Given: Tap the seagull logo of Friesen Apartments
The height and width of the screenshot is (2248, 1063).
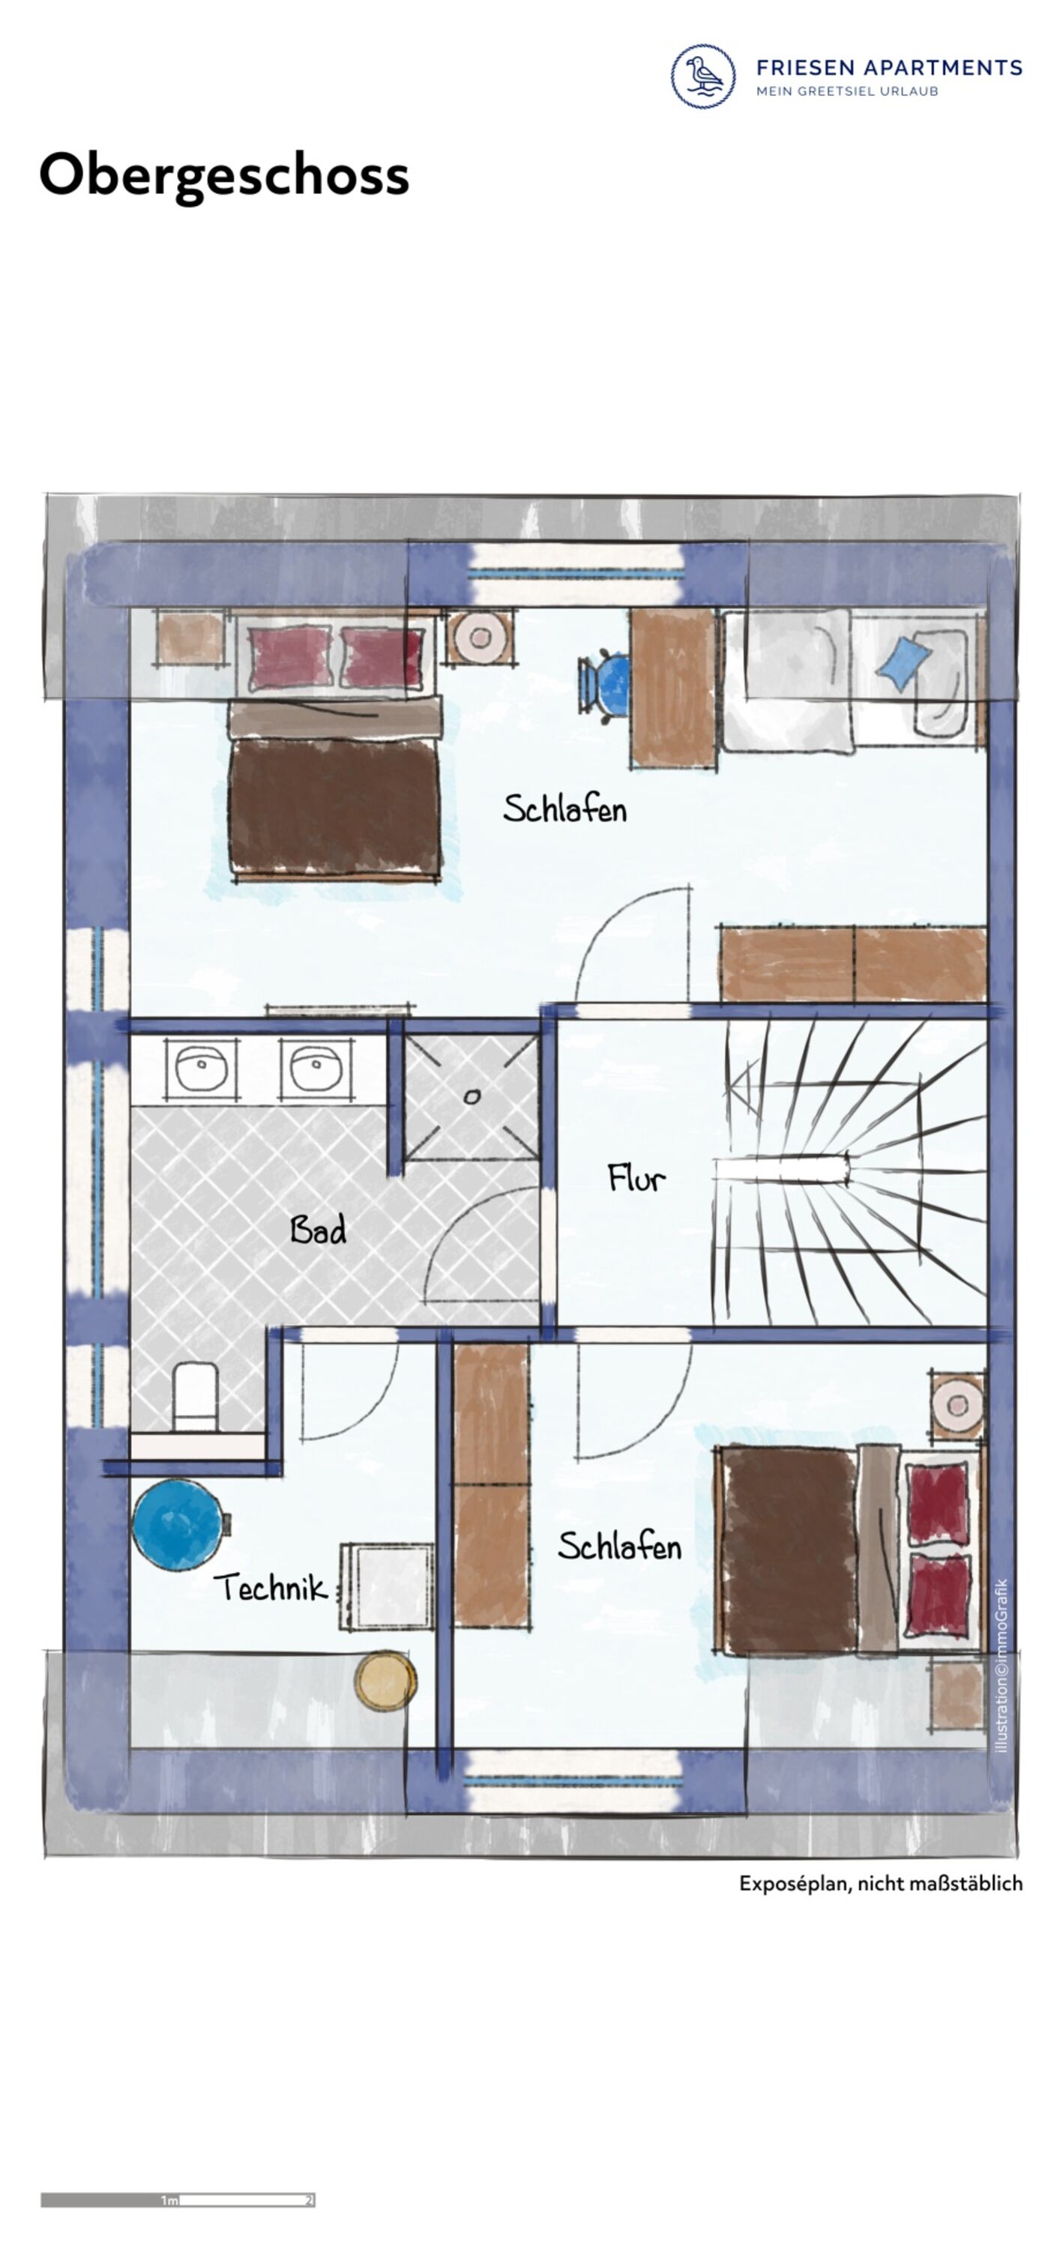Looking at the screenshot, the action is [x=702, y=76].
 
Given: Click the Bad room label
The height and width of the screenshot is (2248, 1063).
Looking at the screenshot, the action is [x=318, y=1230].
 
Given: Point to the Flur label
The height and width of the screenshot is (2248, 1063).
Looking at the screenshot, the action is [x=636, y=1177].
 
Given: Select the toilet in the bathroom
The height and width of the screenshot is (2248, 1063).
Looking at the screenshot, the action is [x=195, y=1398].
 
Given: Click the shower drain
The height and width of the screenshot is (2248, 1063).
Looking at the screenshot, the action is [x=472, y=1097].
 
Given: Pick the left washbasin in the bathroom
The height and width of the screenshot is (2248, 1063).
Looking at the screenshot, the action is [x=202, y=1067].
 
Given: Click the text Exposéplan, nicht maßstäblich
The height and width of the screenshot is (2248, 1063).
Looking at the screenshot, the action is [x=881, y=1884].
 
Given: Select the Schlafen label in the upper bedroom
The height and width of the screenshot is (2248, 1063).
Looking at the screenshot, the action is [x=564, y=808].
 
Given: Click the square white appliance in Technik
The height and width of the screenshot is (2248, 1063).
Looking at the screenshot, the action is [x=387, y=1586].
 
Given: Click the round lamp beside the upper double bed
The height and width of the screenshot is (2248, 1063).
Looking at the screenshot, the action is [x=479, y=637].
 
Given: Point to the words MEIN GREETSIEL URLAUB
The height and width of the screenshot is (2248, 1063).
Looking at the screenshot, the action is [x=847, y=91].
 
